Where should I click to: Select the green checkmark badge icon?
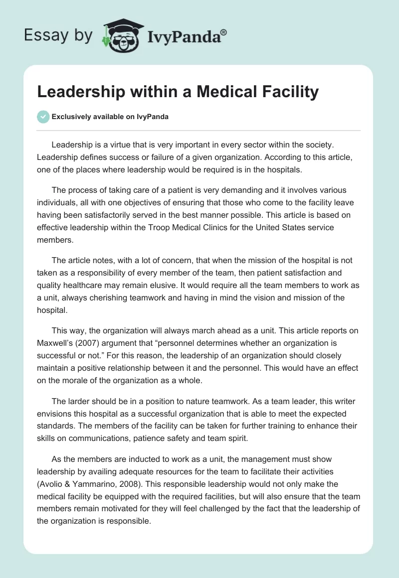[43, 117]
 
